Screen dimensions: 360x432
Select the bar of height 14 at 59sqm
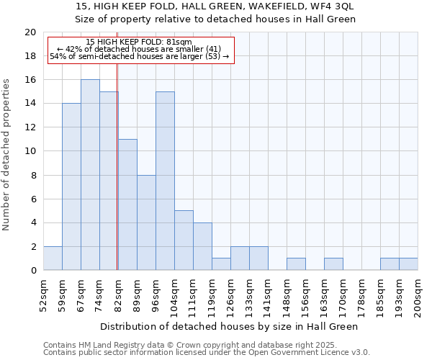(71, 186)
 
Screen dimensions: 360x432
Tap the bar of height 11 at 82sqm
(127, 204)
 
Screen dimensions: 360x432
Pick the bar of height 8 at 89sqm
(146, 222)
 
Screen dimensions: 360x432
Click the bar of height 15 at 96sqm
(165, 181)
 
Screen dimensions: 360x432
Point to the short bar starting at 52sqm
(53, 258)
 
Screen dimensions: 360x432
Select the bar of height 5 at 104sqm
(184, 240)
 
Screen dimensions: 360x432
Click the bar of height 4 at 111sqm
(202, 246)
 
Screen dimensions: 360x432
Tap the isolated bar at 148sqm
(296, 264)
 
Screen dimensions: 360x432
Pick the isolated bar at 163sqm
(333, 264)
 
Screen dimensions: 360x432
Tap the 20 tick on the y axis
(30, 32)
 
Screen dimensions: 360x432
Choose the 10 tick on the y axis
(30, 151)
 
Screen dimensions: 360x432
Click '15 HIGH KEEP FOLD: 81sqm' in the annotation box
(138, 42)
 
